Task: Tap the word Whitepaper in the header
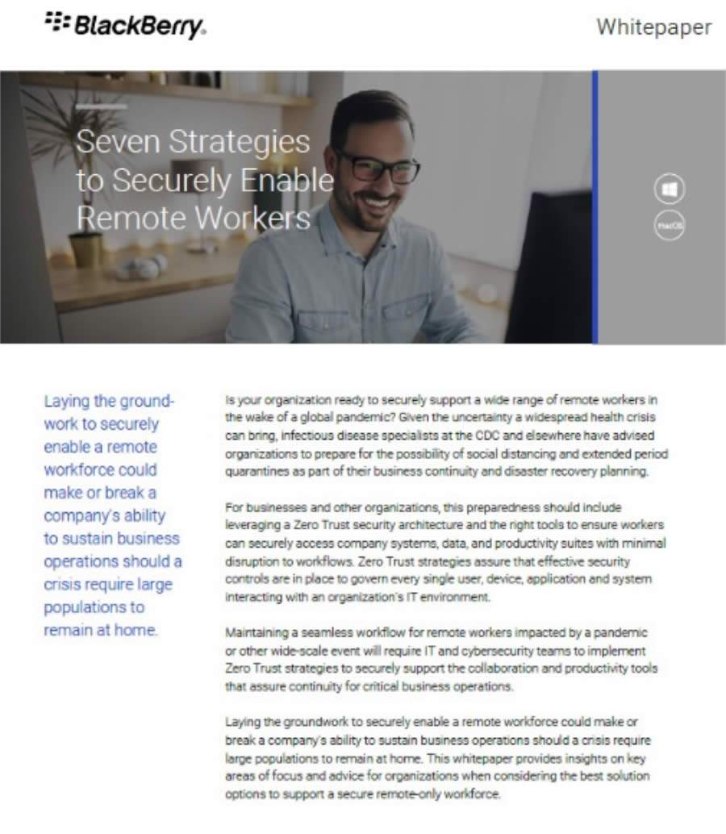point(653,27)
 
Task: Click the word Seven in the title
point(117,142)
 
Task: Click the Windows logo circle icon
point(669,190)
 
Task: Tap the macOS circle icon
point(669,226)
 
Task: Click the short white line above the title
point(101,106)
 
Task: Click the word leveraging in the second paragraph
point(252,526)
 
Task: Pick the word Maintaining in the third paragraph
point(260,633)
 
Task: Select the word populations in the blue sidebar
point(94,607)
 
